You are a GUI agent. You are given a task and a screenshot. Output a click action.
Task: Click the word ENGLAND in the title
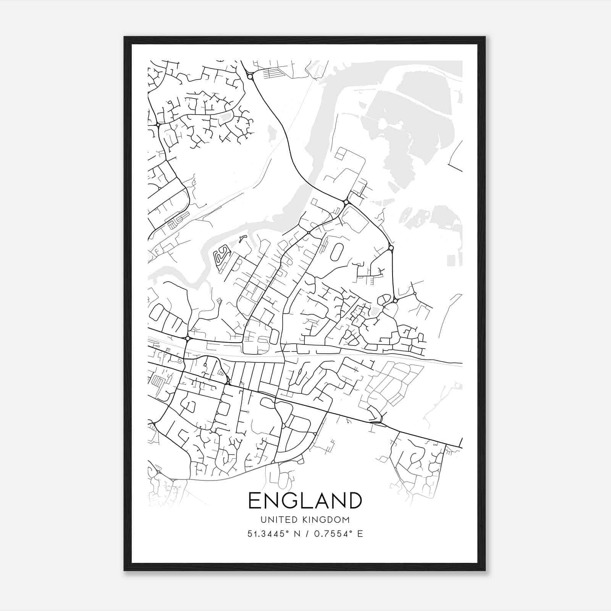point(305,500)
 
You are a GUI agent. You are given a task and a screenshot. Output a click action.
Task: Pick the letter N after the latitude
point(297,534)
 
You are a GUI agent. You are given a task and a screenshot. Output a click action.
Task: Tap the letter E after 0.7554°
point(359,534)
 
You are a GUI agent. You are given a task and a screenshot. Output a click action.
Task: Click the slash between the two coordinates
point(306,534)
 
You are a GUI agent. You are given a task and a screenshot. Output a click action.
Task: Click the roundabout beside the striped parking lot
point(250,77)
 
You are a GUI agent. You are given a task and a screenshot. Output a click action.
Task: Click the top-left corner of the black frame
point(124,37)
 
